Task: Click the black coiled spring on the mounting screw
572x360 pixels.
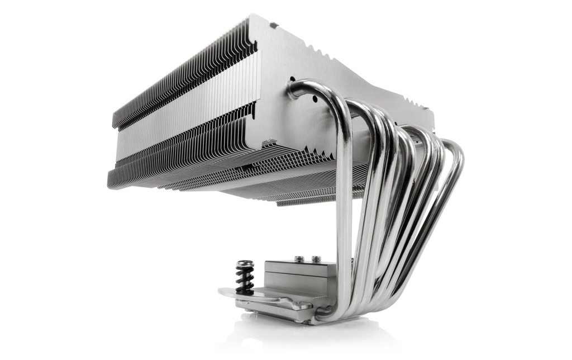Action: point(244,278)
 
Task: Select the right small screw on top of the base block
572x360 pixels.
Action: point(316,259)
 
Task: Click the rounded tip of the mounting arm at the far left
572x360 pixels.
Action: point(223,292)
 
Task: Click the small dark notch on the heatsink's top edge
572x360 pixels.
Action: point(273,25)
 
